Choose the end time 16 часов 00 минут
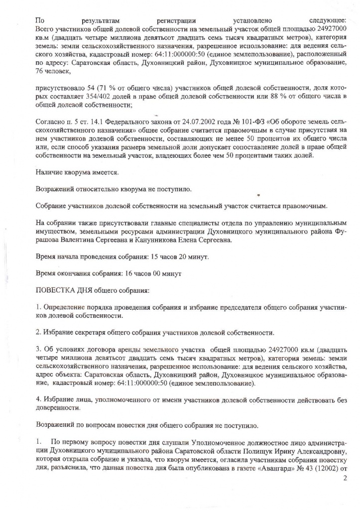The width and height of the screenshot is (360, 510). pos(145,274)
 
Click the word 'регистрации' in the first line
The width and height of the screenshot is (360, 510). pos(176,21)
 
